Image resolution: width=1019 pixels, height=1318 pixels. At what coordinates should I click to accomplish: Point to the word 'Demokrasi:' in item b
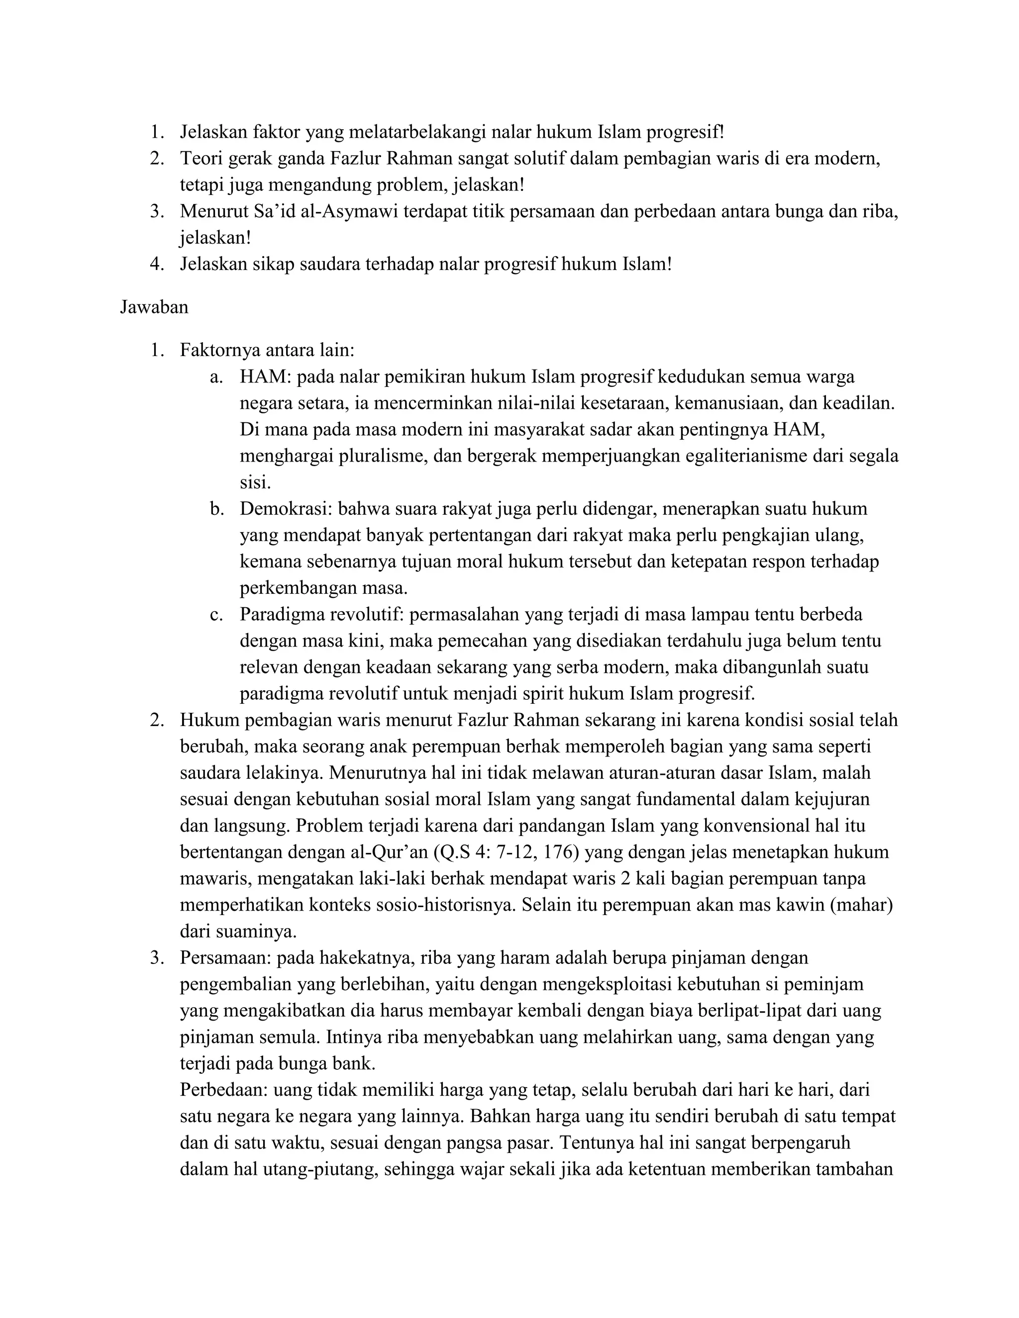tap(286, 509)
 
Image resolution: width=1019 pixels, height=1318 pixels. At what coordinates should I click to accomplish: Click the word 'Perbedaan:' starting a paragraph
tap(224, 1090)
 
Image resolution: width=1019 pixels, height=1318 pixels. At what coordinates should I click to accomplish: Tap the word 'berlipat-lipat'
tap(708, 1011)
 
